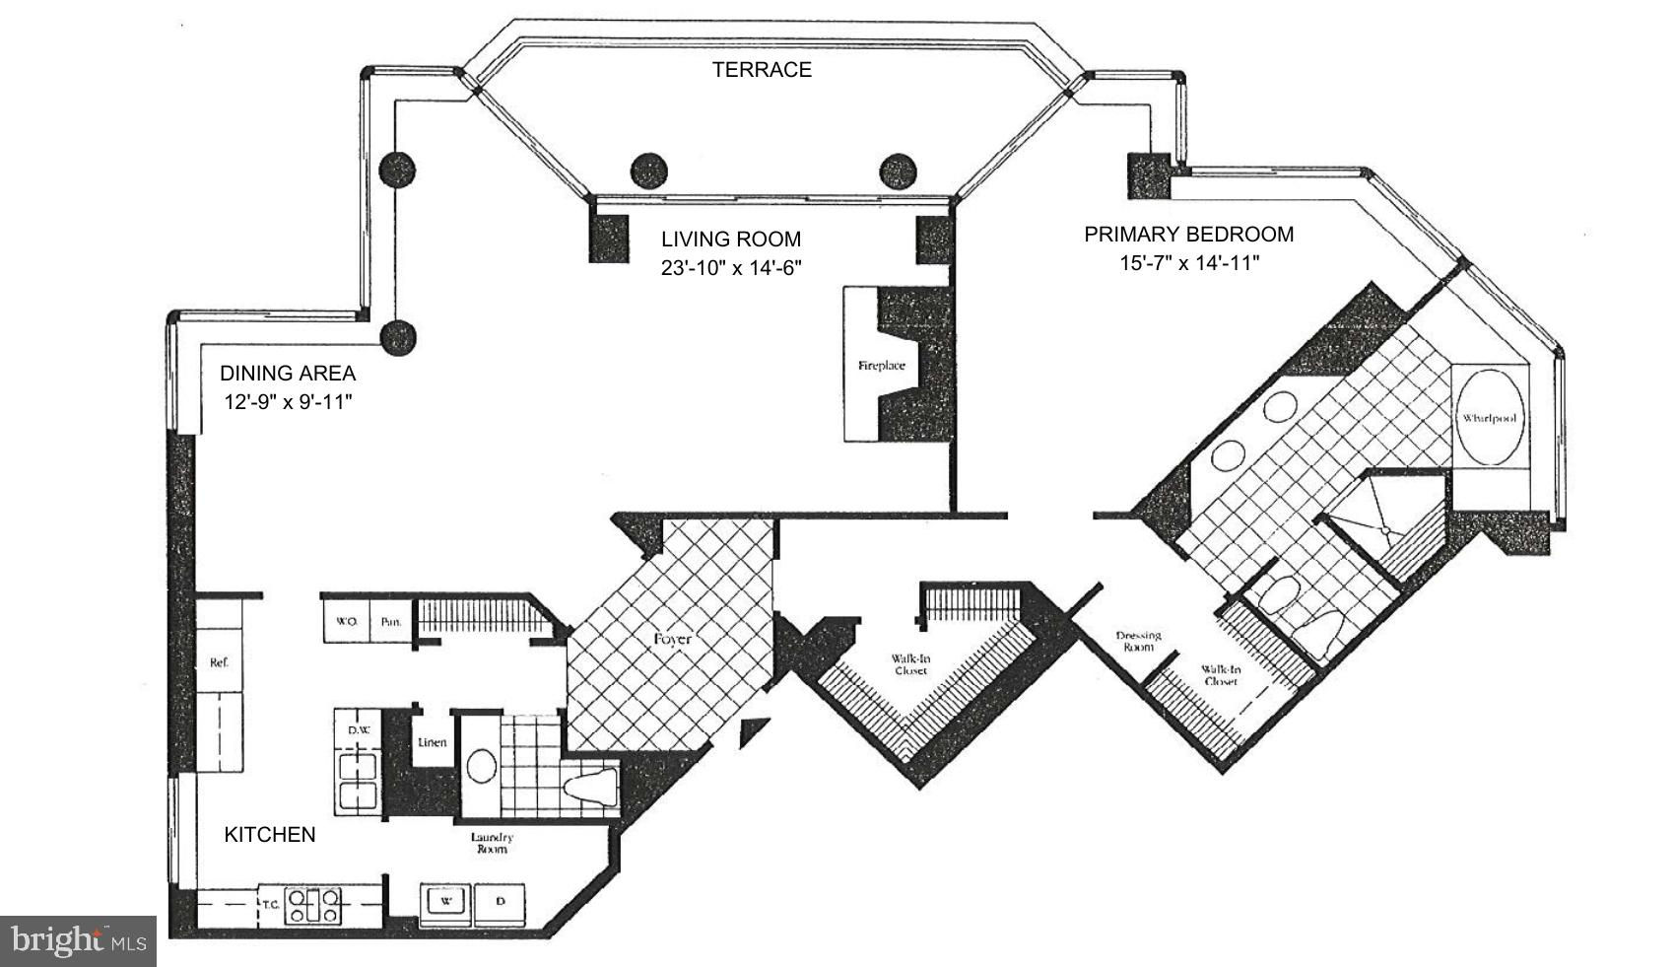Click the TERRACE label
[762, 70]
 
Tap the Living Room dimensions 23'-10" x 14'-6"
[730, 268]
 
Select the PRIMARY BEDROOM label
[1188, 234]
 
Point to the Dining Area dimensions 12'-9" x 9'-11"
[288, 402]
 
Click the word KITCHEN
[269, 835]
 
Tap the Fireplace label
[881, 366]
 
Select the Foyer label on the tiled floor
[672, 639]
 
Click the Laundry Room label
[492, 843]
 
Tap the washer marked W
[445, 904]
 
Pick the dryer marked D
[500, 904]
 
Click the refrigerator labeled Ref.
[219, 647]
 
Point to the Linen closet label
[433, 742]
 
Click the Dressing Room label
[1138, 641]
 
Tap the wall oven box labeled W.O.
[346, 621]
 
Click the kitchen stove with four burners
[315, 905]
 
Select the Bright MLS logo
[78, 940]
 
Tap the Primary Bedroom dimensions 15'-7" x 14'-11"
[1189, 263]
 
